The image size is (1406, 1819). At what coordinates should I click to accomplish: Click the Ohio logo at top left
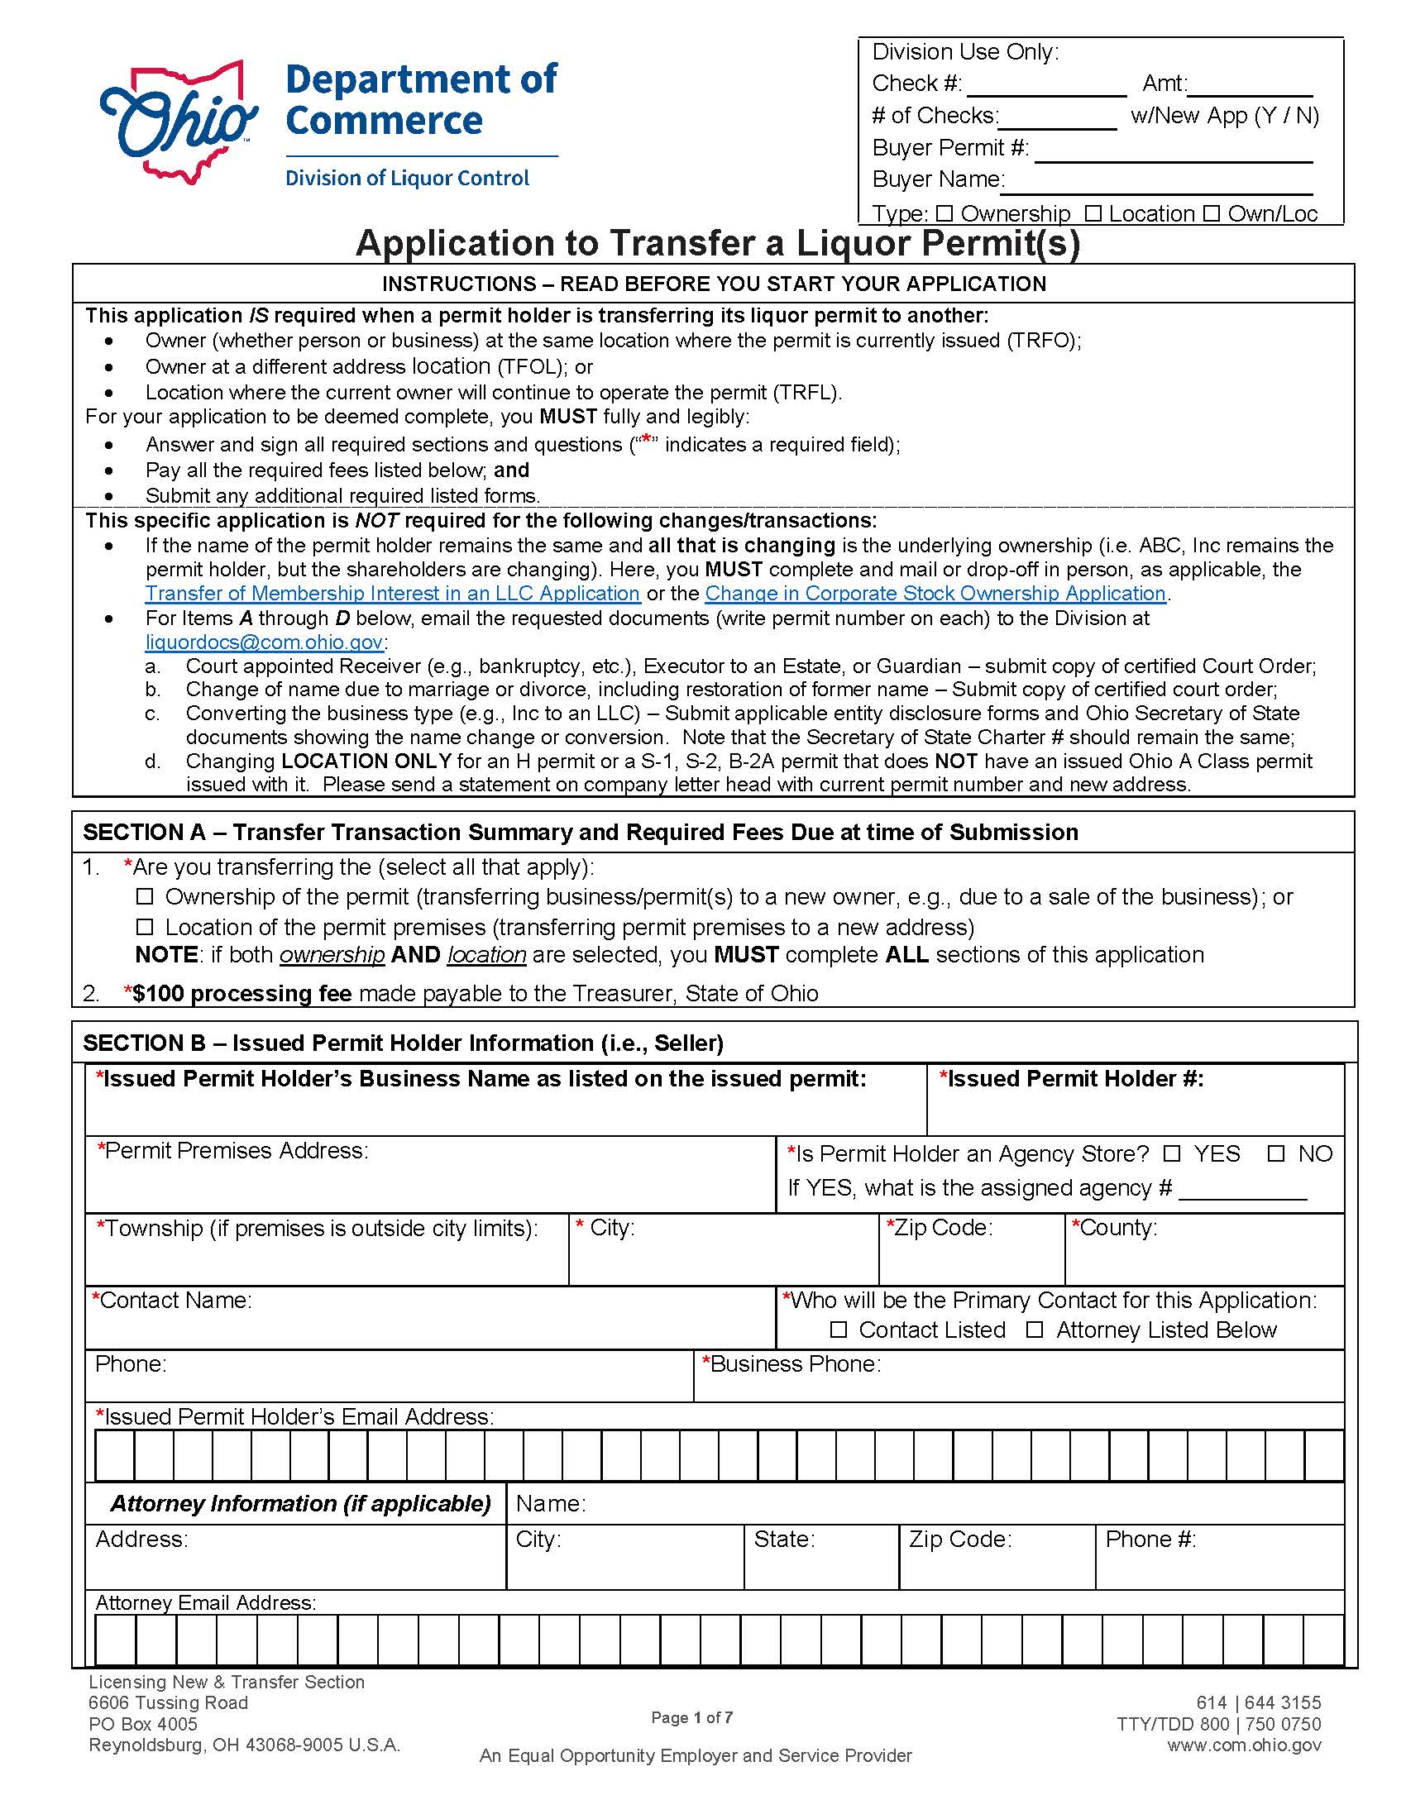178,121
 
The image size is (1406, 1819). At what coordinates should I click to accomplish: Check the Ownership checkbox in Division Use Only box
944,213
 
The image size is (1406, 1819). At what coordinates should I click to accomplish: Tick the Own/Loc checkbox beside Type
1211,213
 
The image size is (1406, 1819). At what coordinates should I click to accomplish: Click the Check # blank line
1045,86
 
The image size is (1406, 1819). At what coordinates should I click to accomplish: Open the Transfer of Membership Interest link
392,593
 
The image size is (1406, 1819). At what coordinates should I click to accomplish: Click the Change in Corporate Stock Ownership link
935,593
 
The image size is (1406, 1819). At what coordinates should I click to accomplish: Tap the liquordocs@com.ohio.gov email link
264,642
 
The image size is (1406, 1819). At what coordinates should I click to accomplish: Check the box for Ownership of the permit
145,897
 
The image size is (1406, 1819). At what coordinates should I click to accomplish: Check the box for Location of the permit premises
145,927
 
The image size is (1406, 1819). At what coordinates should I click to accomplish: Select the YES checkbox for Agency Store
1172,1153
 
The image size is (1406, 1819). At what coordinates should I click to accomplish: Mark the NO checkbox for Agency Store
1275,1153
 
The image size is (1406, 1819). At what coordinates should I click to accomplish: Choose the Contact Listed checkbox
838,1330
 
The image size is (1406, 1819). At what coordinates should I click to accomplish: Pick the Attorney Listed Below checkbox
1035,1330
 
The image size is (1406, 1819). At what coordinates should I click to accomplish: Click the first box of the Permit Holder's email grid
115,1456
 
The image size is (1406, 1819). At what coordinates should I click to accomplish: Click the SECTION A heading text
580,832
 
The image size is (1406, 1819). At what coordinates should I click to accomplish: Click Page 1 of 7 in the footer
691,1717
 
